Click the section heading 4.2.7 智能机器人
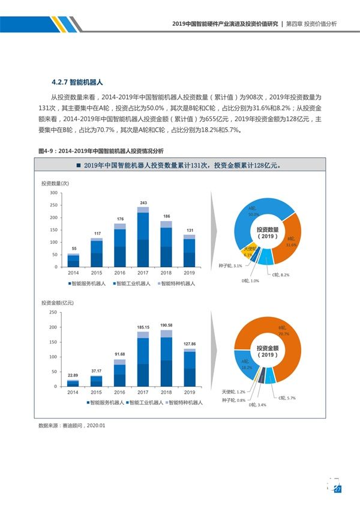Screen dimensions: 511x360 (79, 82)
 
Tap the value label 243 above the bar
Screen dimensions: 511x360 (143, 203)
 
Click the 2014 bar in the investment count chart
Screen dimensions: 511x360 (73, 260)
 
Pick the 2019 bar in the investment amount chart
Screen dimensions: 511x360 (189, 367)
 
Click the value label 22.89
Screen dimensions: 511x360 (73, 375)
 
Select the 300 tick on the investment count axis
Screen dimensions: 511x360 (53, 193)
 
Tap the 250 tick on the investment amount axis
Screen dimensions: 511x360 (53, 312)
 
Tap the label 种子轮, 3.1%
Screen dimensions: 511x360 (230, 265)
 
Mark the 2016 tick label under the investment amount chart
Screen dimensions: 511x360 (119, 392)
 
